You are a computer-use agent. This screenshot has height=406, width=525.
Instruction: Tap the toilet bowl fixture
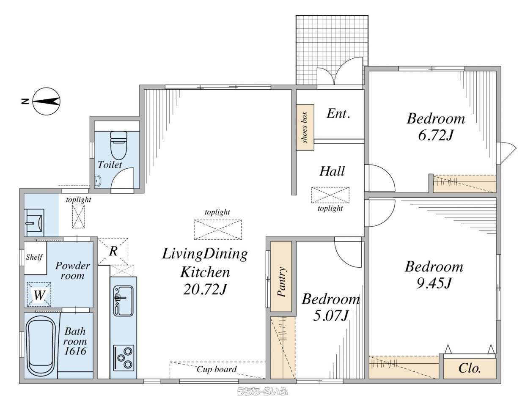click(118, 145)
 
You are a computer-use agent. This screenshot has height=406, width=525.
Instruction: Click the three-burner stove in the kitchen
click(124, 358)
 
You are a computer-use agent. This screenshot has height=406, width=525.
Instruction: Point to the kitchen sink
click(123, 301)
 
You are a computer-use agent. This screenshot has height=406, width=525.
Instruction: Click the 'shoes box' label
click(305, 127)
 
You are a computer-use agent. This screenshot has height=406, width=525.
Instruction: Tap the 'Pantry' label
click(281, 281)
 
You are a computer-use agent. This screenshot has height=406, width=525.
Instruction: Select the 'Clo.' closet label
click(470, 368)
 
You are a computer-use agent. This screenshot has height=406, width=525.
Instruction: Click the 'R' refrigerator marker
click(113, 251)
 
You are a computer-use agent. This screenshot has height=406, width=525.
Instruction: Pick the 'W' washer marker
click(39, 295)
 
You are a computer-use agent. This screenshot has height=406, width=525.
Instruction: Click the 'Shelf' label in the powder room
click(34, 257)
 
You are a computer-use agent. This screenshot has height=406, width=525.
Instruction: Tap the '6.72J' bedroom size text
click(435, 135)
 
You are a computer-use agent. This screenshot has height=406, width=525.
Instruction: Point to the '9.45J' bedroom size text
click(434, 283)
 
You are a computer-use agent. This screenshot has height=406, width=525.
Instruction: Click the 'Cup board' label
click(217, 369)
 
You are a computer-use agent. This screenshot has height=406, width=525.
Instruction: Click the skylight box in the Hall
click(330, 195)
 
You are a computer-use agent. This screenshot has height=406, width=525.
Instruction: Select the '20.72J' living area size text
click(205, 289)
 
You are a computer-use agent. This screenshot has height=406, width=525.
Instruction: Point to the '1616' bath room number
click(75, 351)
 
